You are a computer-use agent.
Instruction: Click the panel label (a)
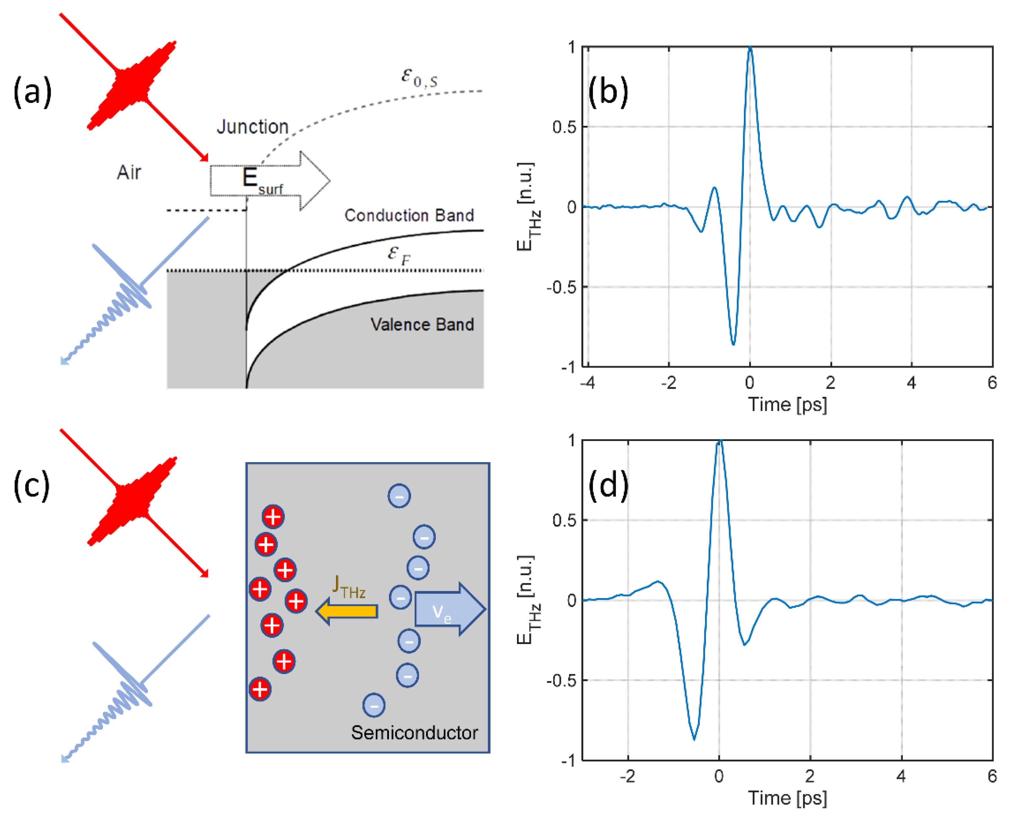pyautogui.click(x=32, y=92)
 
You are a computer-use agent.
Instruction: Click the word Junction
pyautogui.click(x=253, y=127)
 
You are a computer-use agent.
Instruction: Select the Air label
pyautogui.click(x=129, y=172)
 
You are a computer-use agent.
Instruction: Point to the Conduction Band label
pyautogui.click(x=409, y=215)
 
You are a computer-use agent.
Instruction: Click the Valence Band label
pyautogui.click(x=422, y=324)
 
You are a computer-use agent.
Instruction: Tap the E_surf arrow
pyautogui.click(x=270, y=180)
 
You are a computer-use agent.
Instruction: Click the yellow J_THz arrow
pyautogui.click(x=347, y=611)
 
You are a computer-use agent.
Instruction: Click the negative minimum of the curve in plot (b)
pyautogui.click(x=733, y=343)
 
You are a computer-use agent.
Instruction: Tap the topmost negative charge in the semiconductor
pyautogui.click(x=399, y=496)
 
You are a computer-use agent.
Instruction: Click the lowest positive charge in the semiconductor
pyautogui.click(x=260, y=689)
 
